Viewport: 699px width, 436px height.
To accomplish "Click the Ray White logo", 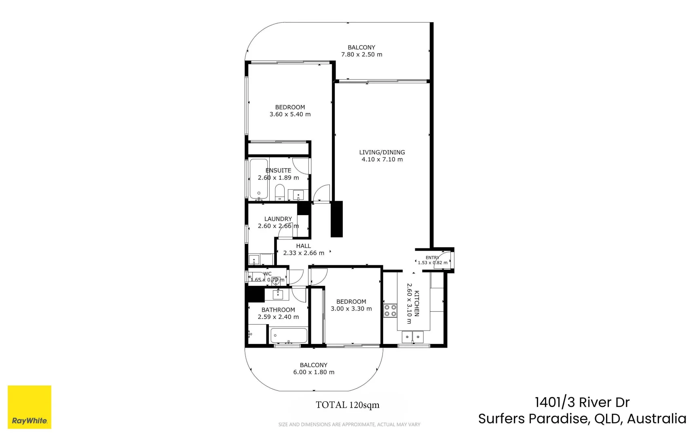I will [x=30, y=407].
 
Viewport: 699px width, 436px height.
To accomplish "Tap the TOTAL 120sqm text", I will [x=347, y=405].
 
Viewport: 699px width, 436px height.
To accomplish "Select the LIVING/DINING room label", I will [x=382, y=152].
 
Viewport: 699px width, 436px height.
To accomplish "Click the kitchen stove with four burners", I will [x=390, y=310].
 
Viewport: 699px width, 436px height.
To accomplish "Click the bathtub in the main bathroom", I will [x=288, y=335].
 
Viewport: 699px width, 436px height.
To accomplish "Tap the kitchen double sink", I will [x=412, y=336].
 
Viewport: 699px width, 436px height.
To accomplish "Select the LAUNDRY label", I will [x=278, y=219].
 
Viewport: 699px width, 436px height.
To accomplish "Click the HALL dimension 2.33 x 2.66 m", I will [x=304, y=253].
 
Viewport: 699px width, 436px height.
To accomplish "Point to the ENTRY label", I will [x=432, y=258].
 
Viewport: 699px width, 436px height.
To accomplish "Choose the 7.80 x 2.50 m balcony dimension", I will [x=361, y=55].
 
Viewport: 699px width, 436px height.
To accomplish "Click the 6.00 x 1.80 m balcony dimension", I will [x=314, y=372].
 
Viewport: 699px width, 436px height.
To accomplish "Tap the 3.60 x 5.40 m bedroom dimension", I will [x=290, y=114].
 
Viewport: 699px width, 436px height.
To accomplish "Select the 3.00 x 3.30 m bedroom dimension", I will [x=351, y=309].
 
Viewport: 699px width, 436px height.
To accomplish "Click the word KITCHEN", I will [x=417, y=304].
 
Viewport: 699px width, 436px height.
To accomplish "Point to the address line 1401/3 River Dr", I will [x=582, y=402].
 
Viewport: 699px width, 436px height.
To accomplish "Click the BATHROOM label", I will [x=278, y=310].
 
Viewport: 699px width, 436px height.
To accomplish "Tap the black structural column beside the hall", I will [x=336, y=219].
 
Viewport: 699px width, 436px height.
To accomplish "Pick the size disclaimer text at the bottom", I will [x=349, y=424].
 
